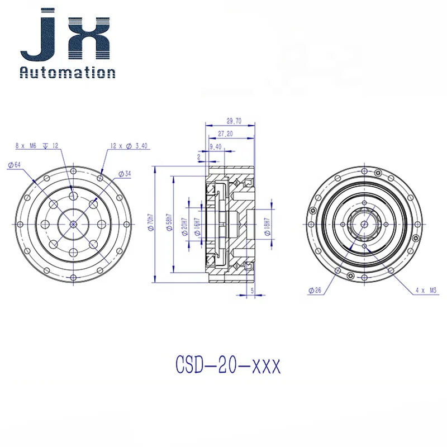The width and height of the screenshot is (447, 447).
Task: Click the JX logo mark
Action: (65, 34)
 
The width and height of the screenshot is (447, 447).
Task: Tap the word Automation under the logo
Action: (68, 72)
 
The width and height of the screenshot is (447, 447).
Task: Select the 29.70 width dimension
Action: (234, 121)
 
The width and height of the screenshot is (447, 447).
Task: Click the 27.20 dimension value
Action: (225, 134)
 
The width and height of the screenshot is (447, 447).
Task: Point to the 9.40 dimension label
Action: (216, 146)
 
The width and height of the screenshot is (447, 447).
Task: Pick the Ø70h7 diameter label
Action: (150, 222)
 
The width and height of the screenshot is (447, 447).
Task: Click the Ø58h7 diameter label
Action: (170, 222)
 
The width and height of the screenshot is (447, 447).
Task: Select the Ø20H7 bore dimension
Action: (185, 227)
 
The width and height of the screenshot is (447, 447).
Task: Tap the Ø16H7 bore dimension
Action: (197, 227)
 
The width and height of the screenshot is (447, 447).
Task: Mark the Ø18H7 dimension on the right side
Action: (267, 227)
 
